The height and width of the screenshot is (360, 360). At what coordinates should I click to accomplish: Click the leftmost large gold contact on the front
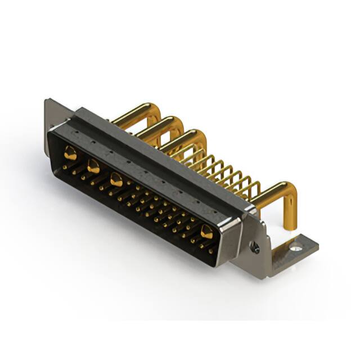click(70, 152)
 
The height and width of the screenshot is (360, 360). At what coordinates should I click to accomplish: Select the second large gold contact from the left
click(93, 166)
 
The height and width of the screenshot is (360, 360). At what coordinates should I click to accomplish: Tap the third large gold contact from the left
click(116, 180)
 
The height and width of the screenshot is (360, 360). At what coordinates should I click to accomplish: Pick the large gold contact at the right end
click(206, 232)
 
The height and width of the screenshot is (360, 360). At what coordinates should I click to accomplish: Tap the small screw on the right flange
click(255, 246)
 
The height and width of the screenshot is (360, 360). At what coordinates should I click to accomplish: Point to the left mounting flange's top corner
click(47, 101)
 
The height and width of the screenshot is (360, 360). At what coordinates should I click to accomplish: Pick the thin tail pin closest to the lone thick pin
click(256, 187)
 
